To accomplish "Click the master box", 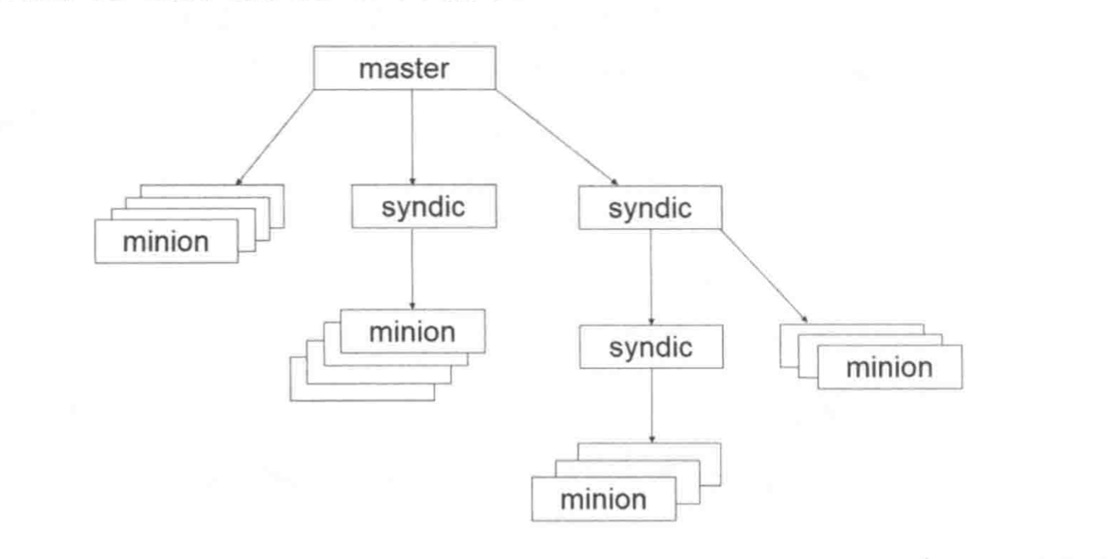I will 404,68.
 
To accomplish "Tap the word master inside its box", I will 404,68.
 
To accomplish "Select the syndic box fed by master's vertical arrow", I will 423,207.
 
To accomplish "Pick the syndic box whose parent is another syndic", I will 650,348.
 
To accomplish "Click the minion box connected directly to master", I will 166,242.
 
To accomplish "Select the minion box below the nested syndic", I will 604,500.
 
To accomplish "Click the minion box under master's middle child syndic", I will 412,333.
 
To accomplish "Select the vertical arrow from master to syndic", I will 413,137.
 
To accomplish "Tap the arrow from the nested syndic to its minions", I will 650,405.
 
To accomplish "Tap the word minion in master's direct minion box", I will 166,242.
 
